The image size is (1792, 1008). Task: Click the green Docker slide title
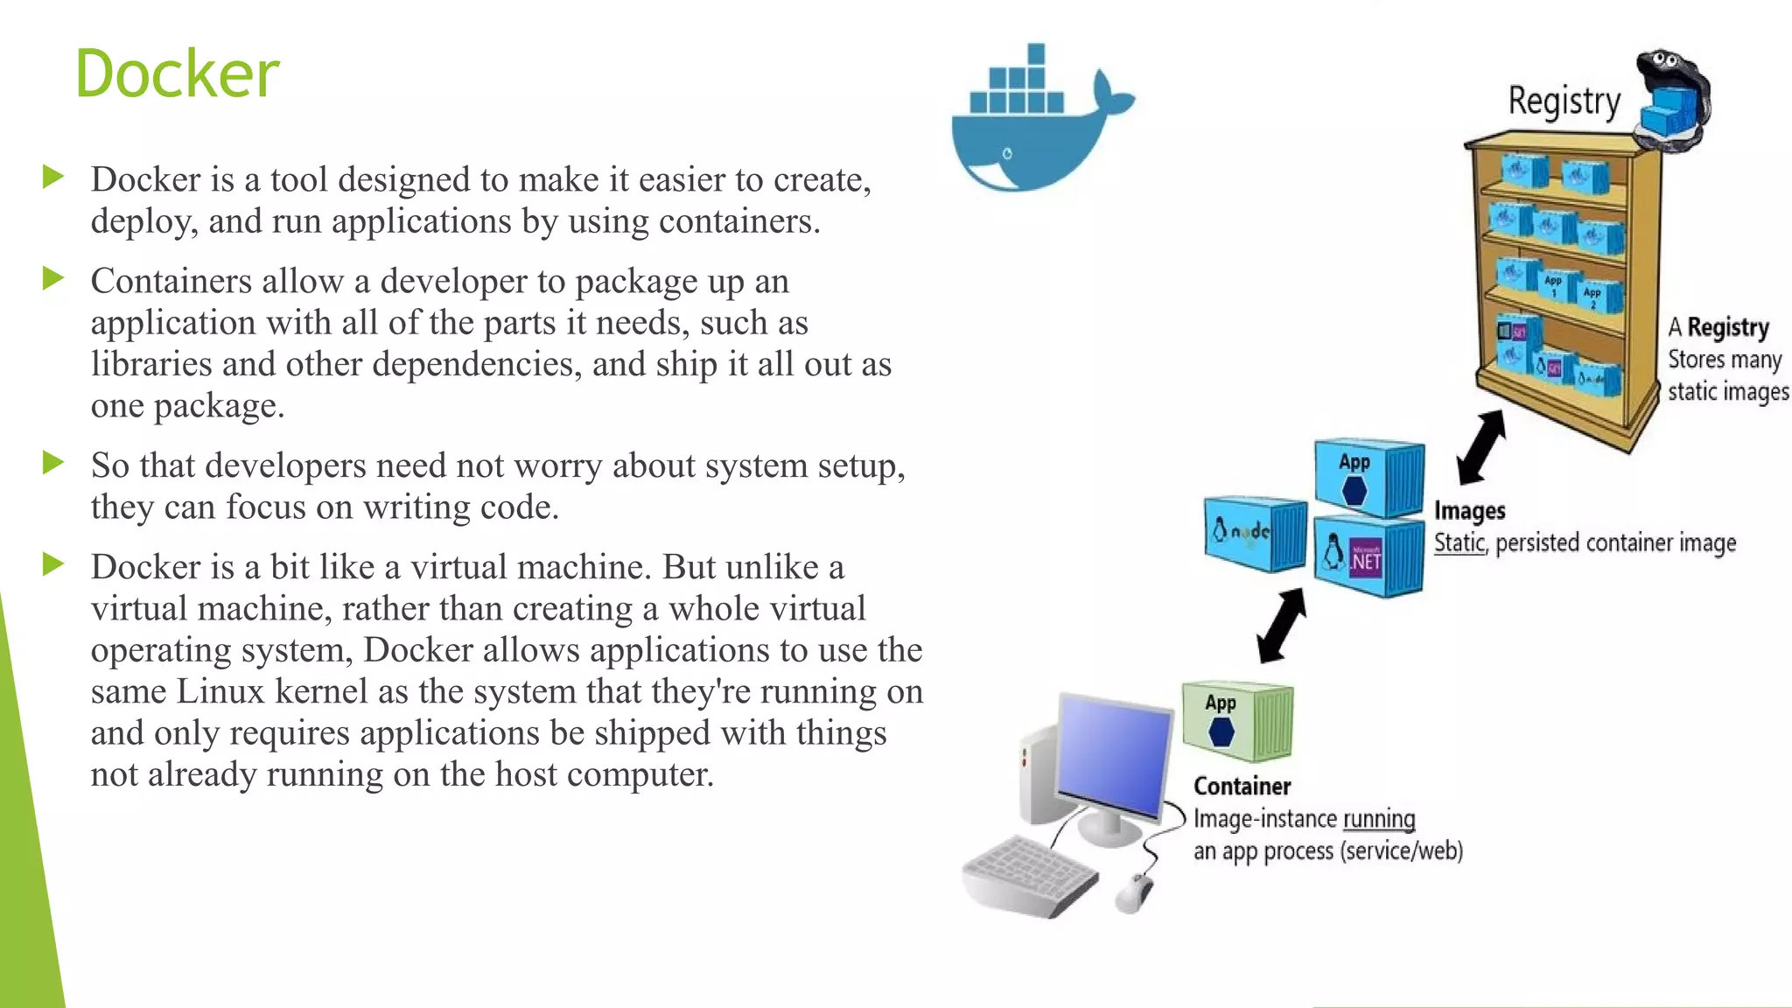(177, 73)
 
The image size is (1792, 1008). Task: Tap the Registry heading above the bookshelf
(1564, 101)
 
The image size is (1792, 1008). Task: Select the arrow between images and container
(1282, 625)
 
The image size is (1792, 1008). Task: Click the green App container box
(1235, 722)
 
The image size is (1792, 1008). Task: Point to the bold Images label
(1469, 511)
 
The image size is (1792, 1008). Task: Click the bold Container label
(1242, 787)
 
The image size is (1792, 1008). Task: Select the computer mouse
(1134, 892)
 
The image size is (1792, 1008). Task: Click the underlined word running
(1379, 820)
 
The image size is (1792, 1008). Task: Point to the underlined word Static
(1459, 543)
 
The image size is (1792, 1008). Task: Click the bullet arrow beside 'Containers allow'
(53, 279)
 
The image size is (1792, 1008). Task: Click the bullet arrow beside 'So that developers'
(53, 463)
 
